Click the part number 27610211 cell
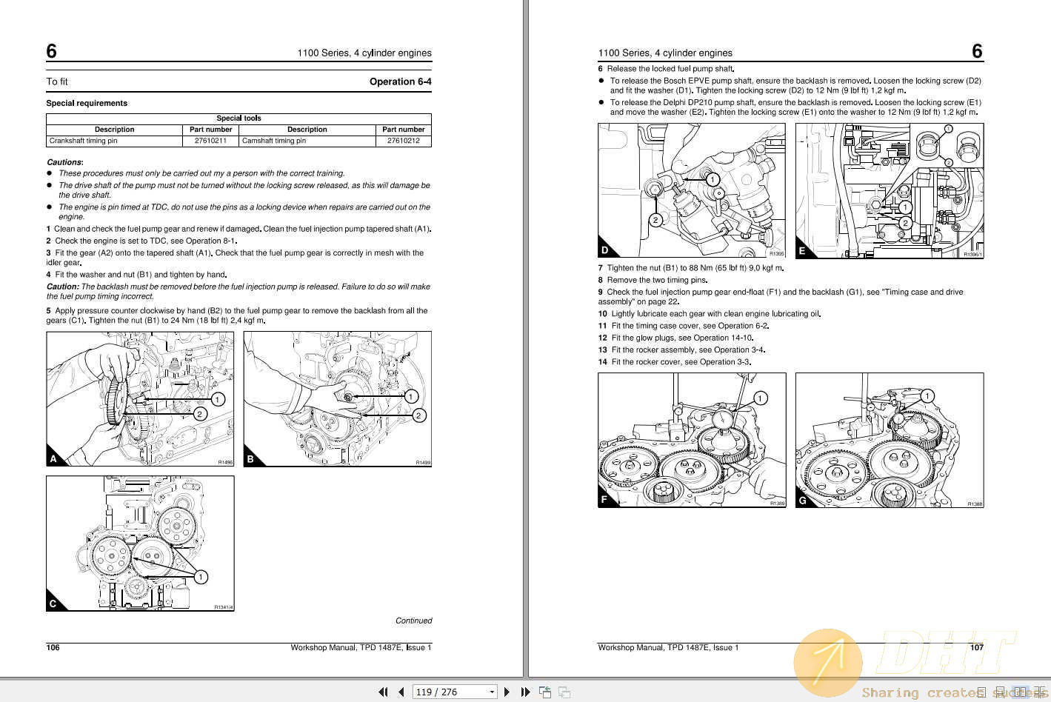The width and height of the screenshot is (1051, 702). (211, 141)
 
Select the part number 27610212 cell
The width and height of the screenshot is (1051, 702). (404, 141)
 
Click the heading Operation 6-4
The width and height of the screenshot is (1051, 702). (400, 81)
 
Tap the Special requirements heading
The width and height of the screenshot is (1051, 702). (87, 103)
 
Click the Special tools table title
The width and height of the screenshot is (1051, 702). (238, 118)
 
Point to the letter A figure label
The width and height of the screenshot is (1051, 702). (53, 459)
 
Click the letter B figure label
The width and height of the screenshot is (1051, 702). (250, 459)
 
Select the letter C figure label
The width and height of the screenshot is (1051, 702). (53, 604)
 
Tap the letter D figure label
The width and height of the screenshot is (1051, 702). (605, 250)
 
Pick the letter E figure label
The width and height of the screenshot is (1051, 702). (802, 250)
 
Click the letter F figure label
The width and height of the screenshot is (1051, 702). (604, 500)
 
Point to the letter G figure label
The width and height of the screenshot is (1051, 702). (802, 500)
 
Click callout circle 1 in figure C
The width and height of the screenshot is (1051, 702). (201, 577)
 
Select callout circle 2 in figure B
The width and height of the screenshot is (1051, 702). (418, 415)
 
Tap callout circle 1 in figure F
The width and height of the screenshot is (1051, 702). (760, 398)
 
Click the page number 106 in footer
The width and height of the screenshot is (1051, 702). (53, 647)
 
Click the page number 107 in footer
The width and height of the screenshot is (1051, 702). (977, 647)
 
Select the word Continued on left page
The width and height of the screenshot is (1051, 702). (413, 621)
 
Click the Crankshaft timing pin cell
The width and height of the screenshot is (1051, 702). (84, 141)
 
